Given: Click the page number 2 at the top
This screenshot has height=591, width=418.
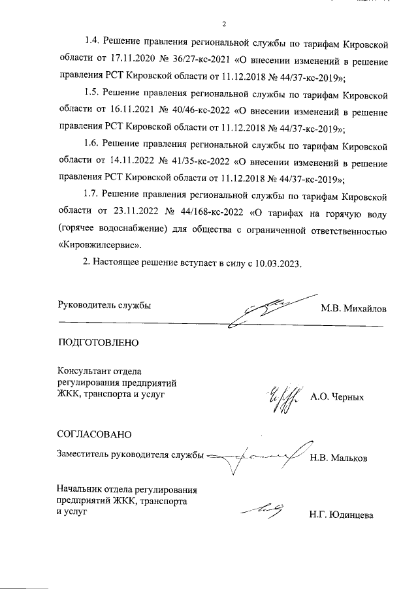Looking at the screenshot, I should pyautogui.click(x=223, y=25).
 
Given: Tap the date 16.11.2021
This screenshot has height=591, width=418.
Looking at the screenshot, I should pyautogui.click(x=142, y=112).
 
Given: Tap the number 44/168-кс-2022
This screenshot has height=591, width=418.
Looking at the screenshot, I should pyautogui.click(x=215, y=213).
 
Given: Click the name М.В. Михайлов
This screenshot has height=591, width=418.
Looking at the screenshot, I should pyautogui.click(x=353, y=308).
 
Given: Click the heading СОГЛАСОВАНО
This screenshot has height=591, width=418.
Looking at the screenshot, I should pyautogui.click(x=95, y=433).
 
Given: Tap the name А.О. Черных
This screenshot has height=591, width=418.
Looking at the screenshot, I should pyautogui.click(x=337, y=396).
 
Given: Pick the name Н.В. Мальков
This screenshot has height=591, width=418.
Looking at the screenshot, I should pyautogui.click(x=339, y=458).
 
